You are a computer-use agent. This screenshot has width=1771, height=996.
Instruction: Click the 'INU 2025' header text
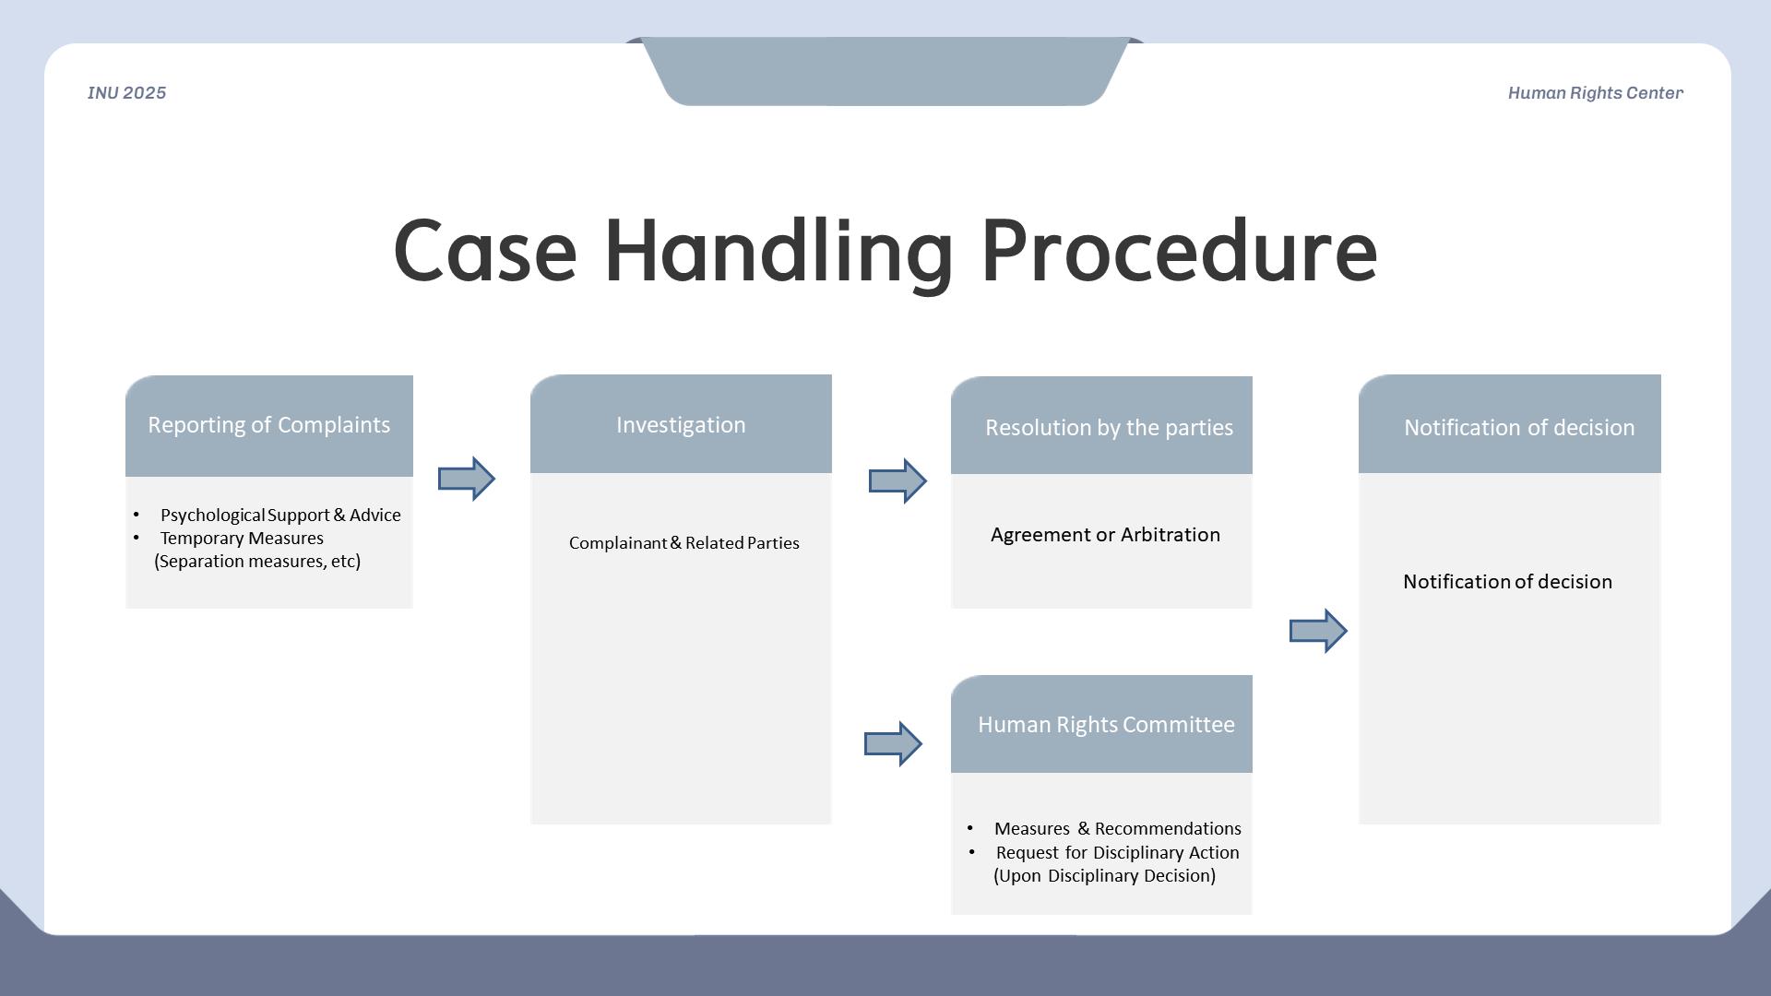[126, 93]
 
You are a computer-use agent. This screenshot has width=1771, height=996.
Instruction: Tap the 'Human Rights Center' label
[1595, 93]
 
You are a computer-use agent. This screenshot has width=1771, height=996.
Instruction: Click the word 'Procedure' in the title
[1179, 251]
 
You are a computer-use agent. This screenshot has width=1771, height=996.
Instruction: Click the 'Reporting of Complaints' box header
[268, 425]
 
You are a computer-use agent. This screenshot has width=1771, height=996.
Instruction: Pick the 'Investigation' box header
[681, 425]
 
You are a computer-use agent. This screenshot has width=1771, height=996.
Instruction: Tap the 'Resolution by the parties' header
[1109, 428]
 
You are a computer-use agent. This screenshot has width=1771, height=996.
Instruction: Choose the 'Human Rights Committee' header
[1106, 725]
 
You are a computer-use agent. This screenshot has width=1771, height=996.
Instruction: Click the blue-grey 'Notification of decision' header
[1518, 428]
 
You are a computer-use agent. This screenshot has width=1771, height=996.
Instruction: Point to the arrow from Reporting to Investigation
[467, 479]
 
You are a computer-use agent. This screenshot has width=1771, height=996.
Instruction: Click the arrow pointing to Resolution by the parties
[897, 480]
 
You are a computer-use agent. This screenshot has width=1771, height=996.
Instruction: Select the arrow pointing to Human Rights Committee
[893, 743]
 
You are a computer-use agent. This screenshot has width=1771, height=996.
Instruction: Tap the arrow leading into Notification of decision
[1318, 631]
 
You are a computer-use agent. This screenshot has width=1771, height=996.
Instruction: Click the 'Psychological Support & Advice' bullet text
[280, 515]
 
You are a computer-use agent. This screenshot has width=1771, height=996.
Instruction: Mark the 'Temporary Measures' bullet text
[242, 538]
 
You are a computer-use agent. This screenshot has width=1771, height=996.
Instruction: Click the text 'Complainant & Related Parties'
[683, 543]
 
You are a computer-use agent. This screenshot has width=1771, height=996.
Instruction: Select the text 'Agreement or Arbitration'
[1105, 535]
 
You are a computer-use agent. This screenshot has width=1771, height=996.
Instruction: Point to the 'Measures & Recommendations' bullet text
[1117, 828]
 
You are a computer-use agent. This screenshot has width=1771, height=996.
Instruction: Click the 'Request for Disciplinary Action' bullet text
[1117, 852]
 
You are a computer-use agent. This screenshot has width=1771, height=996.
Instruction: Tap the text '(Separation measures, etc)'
[257, 561]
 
